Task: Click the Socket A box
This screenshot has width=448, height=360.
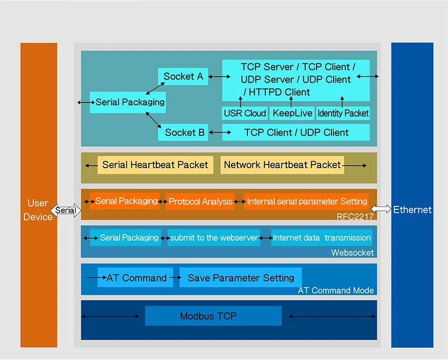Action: pyautogui.click(x=183, y=77)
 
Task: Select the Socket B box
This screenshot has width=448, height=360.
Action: pyautogui.click(x=184, y=133)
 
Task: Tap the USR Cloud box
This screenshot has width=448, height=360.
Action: pyautogui.click(x=245, y=113)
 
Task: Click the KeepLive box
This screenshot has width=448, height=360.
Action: pyautogui.click(x=292, y=113)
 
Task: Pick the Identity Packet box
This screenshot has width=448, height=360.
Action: pyautogui.click(x=343, y=113)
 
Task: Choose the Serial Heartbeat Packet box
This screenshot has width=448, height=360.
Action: pyautogui.click(x=155, y=165)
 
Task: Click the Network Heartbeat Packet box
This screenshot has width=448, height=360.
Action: pyautogui.click(x=282, y=165)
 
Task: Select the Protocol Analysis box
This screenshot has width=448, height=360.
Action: pyautogui.click(x=200, y=201)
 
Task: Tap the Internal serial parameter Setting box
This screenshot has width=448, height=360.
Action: pyautogui.click(x=307, y=201)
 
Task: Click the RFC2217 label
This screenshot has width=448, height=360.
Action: pyautogui.click(x=355, y=216)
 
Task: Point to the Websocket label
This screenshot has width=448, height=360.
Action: pyautogui.click(x=352, y=253)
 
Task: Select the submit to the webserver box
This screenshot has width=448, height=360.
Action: pyautogui.click(x=214, y=238)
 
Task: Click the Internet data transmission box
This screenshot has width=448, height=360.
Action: pyautogui.click(x=322, y=238)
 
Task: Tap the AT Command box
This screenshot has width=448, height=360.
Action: pyautogui.click(x=136, y=278)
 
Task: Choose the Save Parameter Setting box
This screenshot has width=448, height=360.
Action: pyautogui.click(x=240, y=278)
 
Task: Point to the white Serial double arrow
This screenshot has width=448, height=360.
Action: pyautogui.click(x=66, y=210)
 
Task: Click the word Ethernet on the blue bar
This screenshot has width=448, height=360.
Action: pyautogui.click(x=412, y=210)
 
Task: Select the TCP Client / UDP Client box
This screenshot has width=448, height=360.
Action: pyautogui.click(x=296, y=133)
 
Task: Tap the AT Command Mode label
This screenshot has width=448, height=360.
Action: pyautogui.click(x=336, y=290)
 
